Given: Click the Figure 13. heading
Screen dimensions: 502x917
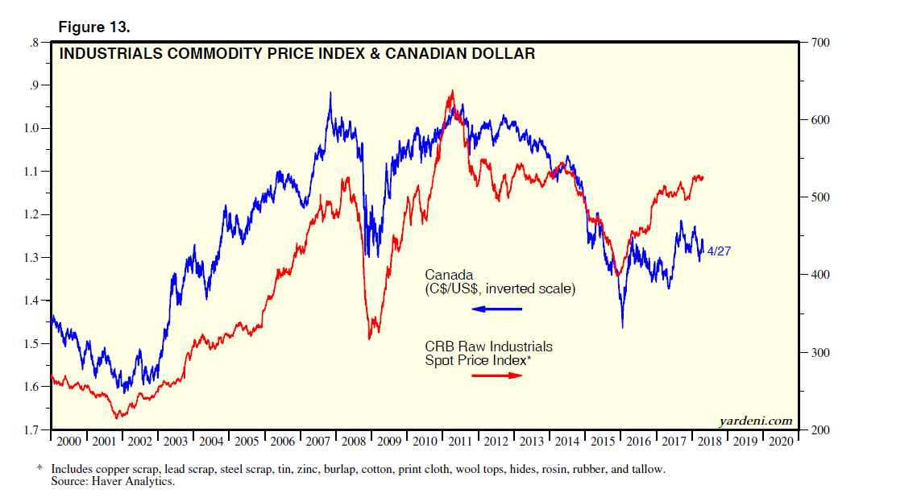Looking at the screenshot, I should [x=94, y=27].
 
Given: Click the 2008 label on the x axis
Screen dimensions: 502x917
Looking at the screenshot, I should [x=355, y=442].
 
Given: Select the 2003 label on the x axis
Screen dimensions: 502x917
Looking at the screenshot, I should [x=176, y=442].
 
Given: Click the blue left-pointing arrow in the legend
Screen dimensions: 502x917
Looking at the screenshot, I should [x=496, y=309].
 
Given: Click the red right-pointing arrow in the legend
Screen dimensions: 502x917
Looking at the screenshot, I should [x=496, y=375].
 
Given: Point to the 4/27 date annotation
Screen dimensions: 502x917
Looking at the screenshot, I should [x=719, y=251].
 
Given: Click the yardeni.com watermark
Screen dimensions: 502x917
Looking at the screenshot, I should [x=755, y=421].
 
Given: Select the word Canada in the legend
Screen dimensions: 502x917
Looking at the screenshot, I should [x=449, y=275].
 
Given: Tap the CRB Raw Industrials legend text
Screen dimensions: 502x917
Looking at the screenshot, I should [x=488, y=346].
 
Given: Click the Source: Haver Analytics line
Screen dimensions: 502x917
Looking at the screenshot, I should [x=113, y=482].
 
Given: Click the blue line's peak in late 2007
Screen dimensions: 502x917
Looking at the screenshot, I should [x=330, y=93].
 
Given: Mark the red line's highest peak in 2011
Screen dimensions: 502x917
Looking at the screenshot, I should [x=453, y=90].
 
